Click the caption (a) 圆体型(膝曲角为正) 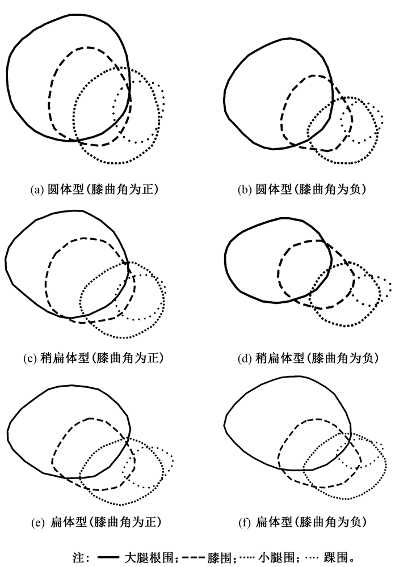(x=94, y=189)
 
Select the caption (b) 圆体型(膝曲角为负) (x=302, y=189)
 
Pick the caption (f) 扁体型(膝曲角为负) (x=302, y=522)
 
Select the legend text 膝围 (x=220, y=557)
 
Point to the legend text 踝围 (x=337, y=557)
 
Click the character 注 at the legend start (x=78, y=557)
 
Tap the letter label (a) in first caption (x=37, y=189)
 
